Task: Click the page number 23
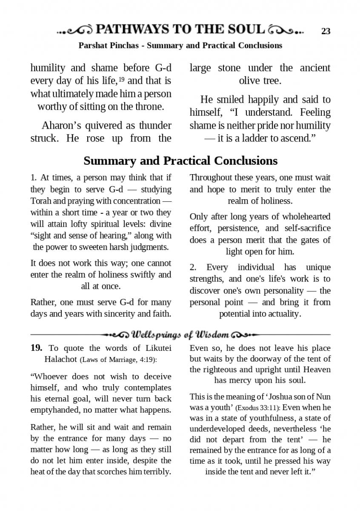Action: (x=326, y=31)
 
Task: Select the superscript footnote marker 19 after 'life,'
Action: (x=121, y=79)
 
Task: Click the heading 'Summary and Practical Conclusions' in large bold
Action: (x=180, y=161)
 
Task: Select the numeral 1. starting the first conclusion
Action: (x=34, y=178)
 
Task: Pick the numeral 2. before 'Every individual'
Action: (x=193, y=267)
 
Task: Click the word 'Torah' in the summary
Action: (x=40, y=201)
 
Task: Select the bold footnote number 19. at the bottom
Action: (x=37, y=348)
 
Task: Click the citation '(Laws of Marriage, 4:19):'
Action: (x=118, y=359)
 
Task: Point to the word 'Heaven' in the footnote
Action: (x=317, y=370)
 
